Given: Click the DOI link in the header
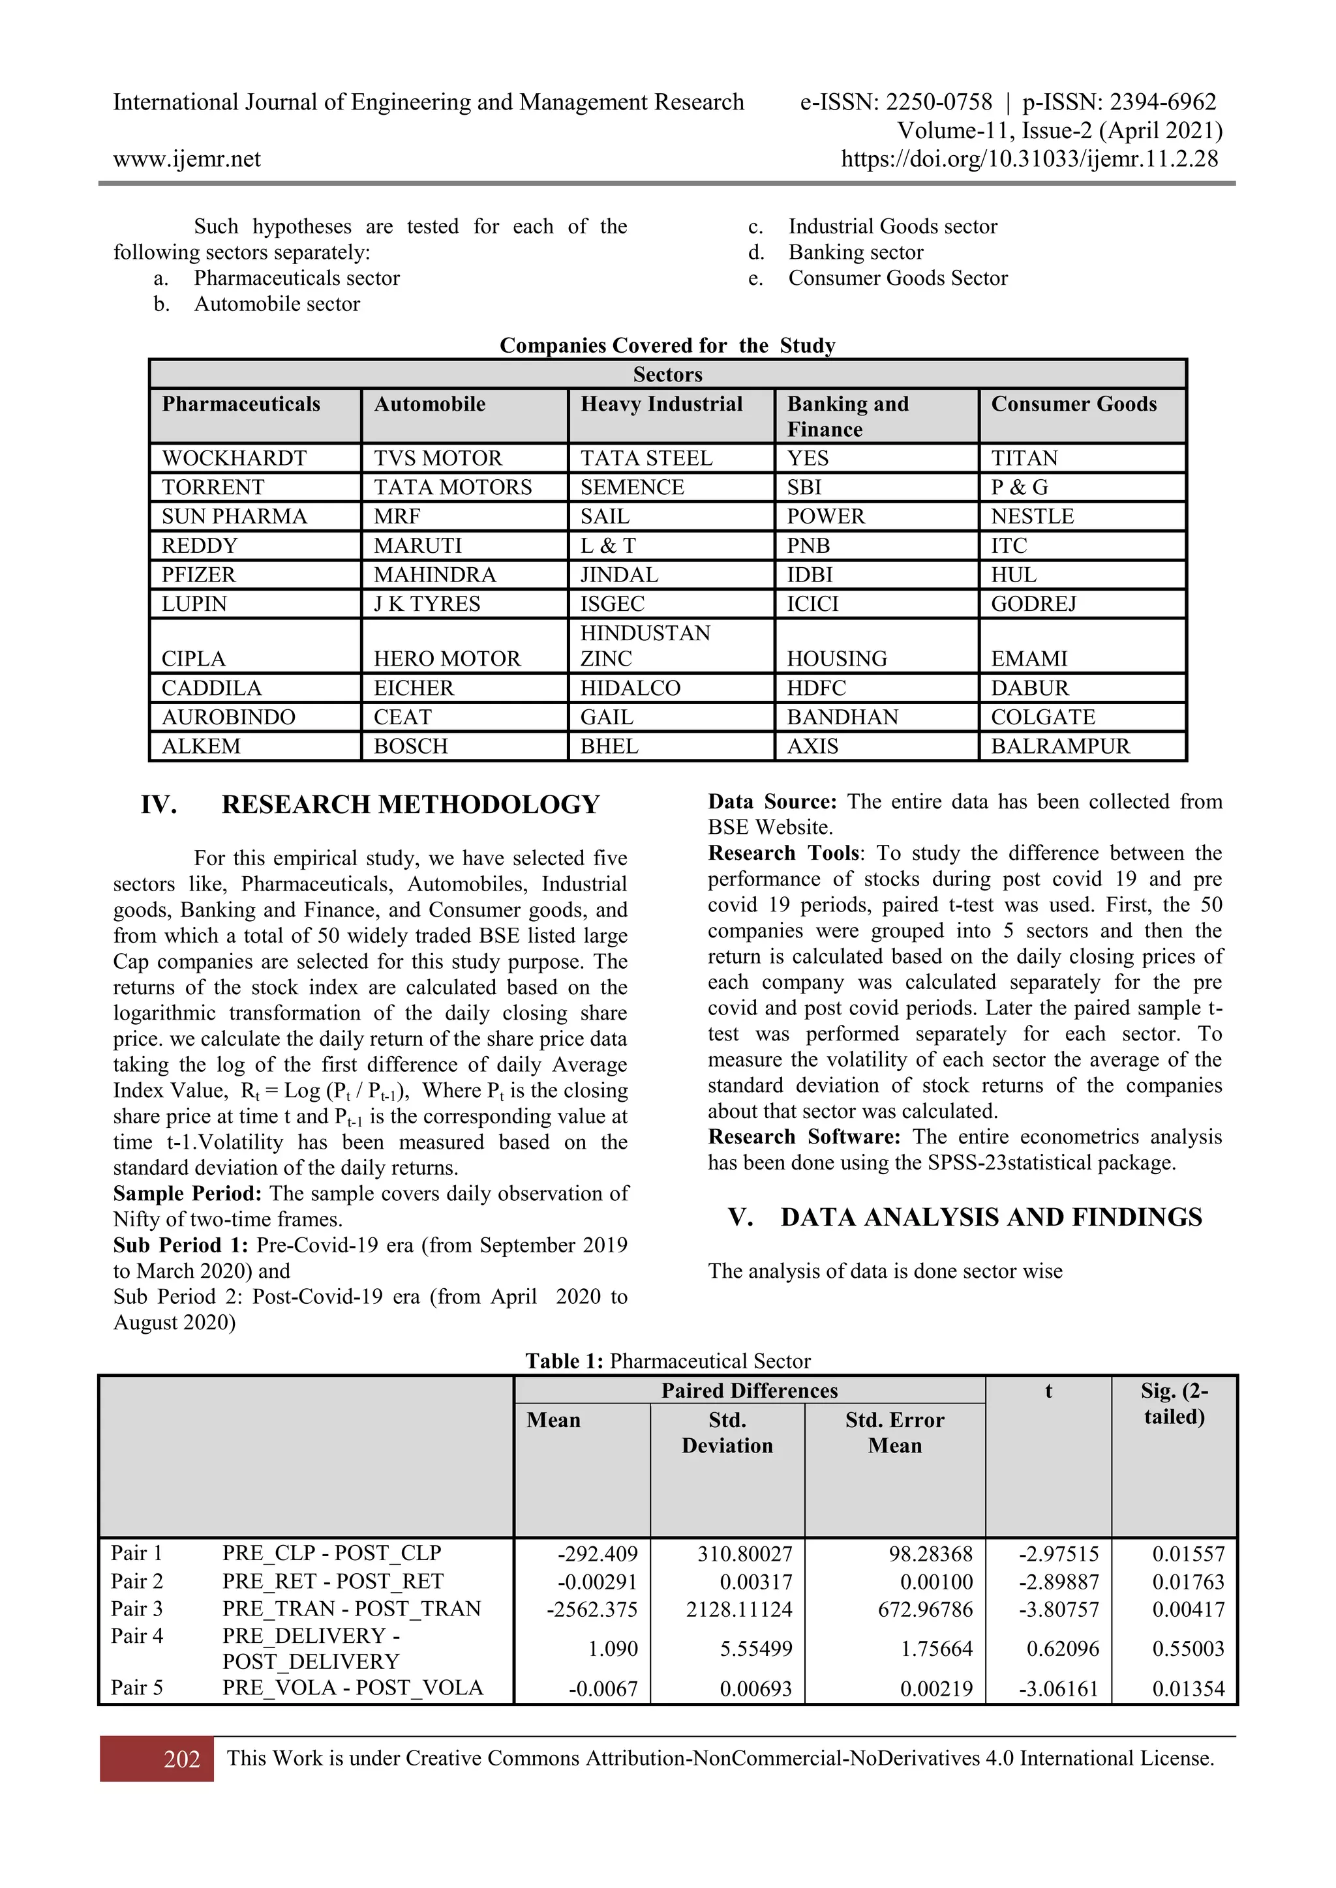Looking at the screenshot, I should click(x=1029, y=160).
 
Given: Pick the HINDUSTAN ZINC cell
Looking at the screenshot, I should click(x=645, y=645).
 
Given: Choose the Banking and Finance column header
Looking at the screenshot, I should click(x=847, y=416).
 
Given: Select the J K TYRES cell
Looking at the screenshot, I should click(x=427, y=604).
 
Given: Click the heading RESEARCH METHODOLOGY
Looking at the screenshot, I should click(x=410, y=804).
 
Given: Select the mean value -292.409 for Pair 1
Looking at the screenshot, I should click(x=598, y=1554).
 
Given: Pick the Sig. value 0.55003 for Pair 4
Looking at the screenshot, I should click(x=1187, y=1649).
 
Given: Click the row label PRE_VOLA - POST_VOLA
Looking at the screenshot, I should click(x=352, y=1687).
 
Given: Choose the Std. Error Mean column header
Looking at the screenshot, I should click(x=894, y=1432).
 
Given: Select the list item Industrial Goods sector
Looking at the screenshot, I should click(x=892, y=226).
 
